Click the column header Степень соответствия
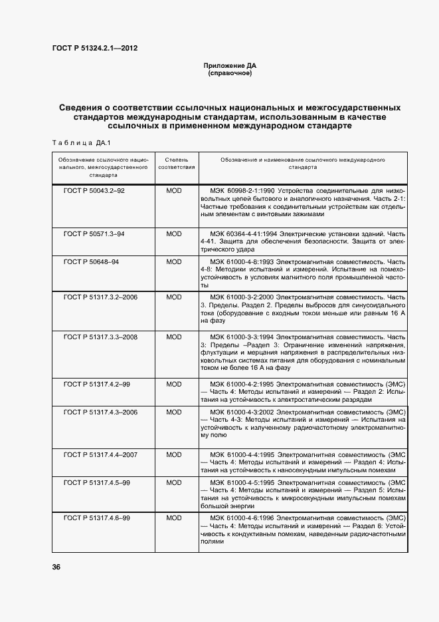(176, 164)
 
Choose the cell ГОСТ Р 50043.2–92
(94, 190)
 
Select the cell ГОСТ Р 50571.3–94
(94, 234)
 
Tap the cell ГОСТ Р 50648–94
(91, 262)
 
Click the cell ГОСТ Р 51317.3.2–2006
(100, 296)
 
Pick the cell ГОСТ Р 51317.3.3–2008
(100, 337)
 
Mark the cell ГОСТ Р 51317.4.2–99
(96, 384)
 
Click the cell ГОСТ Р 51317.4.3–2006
(100, 412)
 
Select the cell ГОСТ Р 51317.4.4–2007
(100, 454)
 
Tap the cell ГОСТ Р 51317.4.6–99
(96, 517)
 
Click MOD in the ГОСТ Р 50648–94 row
(173, 262)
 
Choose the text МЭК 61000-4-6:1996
(242, 517)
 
